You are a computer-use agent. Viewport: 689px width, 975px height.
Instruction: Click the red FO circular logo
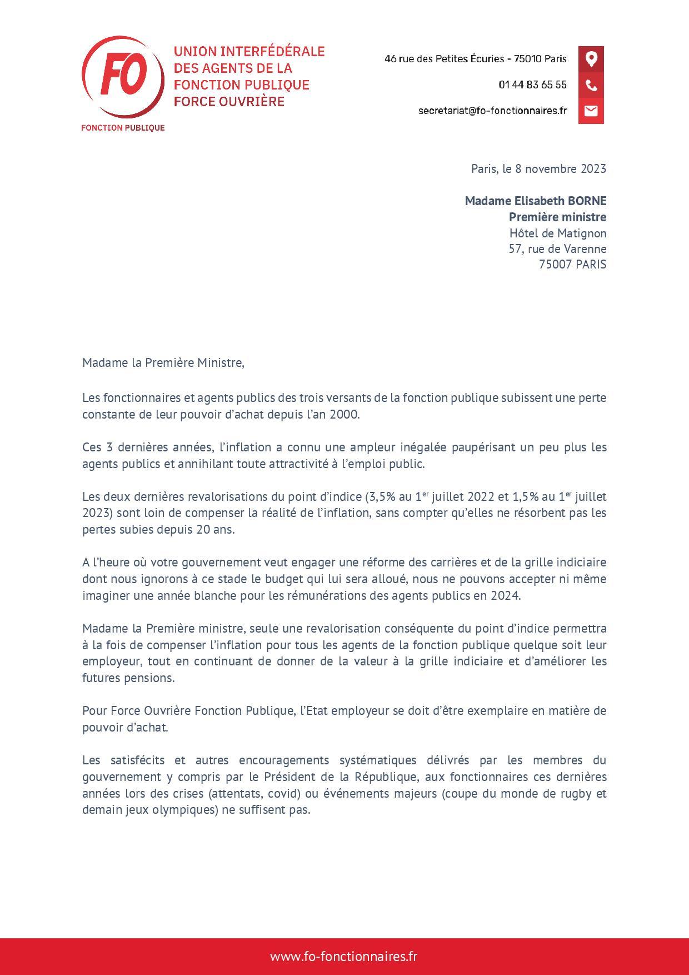coord(123,76)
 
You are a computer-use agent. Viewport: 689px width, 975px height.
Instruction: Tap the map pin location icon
coord(591,59)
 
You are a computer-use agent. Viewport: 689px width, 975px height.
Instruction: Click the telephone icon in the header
coord(591,85)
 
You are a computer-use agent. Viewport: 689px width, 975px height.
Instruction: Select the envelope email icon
coord(591,111)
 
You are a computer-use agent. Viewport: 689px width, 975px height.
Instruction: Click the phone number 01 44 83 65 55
coord(532,85)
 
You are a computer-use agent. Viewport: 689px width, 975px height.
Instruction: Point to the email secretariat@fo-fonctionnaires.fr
coord(492,111)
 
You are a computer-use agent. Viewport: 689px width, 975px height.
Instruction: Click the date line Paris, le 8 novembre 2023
coord(538,168)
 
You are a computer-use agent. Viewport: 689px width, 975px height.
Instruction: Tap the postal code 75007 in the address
coord(555,265)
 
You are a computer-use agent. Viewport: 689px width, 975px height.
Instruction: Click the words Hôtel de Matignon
coord(558,233)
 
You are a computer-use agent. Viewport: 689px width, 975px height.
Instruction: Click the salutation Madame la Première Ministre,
coord(163,363)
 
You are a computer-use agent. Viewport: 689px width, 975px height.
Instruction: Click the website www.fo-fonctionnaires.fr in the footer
coord(343,957)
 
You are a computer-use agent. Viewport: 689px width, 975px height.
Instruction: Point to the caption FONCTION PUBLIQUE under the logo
coord(123,128)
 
